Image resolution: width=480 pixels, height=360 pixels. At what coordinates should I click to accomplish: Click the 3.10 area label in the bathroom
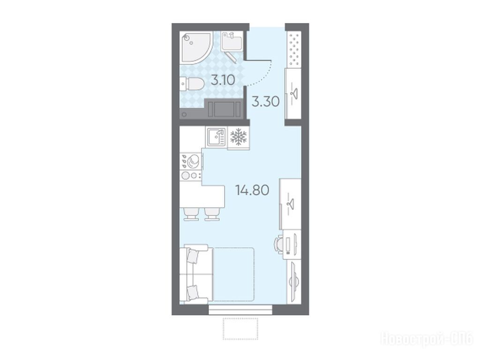pos(223,80)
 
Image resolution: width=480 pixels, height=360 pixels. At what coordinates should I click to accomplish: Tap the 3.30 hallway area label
pos(265,101)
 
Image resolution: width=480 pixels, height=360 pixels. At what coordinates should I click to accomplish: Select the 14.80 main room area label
pos(252,190)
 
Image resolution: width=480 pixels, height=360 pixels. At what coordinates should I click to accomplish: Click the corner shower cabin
pos(195,47)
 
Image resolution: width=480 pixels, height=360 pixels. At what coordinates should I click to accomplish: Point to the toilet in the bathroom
pos(193,84)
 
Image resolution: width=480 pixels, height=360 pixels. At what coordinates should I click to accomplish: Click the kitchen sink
pos(217,137)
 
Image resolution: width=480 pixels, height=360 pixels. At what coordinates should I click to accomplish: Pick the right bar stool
pos(212,214)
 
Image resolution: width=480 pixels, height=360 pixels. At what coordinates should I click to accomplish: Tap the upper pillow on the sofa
pos(193,256)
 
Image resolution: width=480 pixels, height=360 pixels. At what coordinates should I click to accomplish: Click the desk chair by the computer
pos(279,244)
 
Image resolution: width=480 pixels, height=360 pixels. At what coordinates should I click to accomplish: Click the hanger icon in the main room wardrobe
pos(290,203)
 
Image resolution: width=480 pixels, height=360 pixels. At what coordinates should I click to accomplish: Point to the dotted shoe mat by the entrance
pos(294,50)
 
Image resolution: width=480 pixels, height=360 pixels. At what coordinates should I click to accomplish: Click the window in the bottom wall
pos(240,309)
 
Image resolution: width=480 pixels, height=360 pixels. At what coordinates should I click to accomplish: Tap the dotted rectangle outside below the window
pos(240,329)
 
